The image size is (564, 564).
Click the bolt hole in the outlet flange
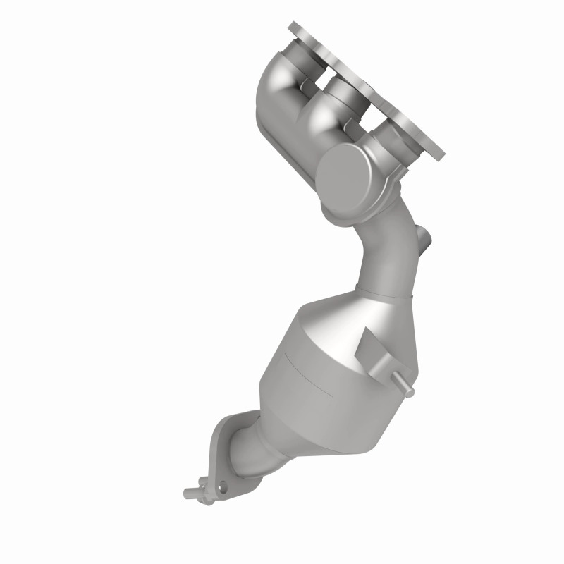tap(223, 486)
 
